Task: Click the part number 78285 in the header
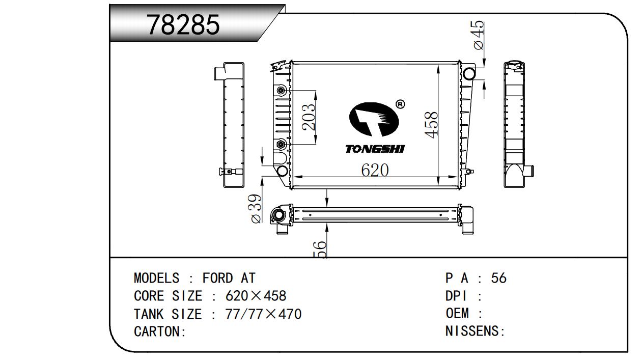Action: point(183,24)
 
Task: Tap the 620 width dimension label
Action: point(375,170)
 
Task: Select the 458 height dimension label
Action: point(431,125)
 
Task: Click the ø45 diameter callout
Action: point(479,35)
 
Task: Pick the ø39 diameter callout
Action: point(256,208)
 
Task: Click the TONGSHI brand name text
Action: point(375,149)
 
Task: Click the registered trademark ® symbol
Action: point(400,104)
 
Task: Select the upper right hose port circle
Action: point(469,74)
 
